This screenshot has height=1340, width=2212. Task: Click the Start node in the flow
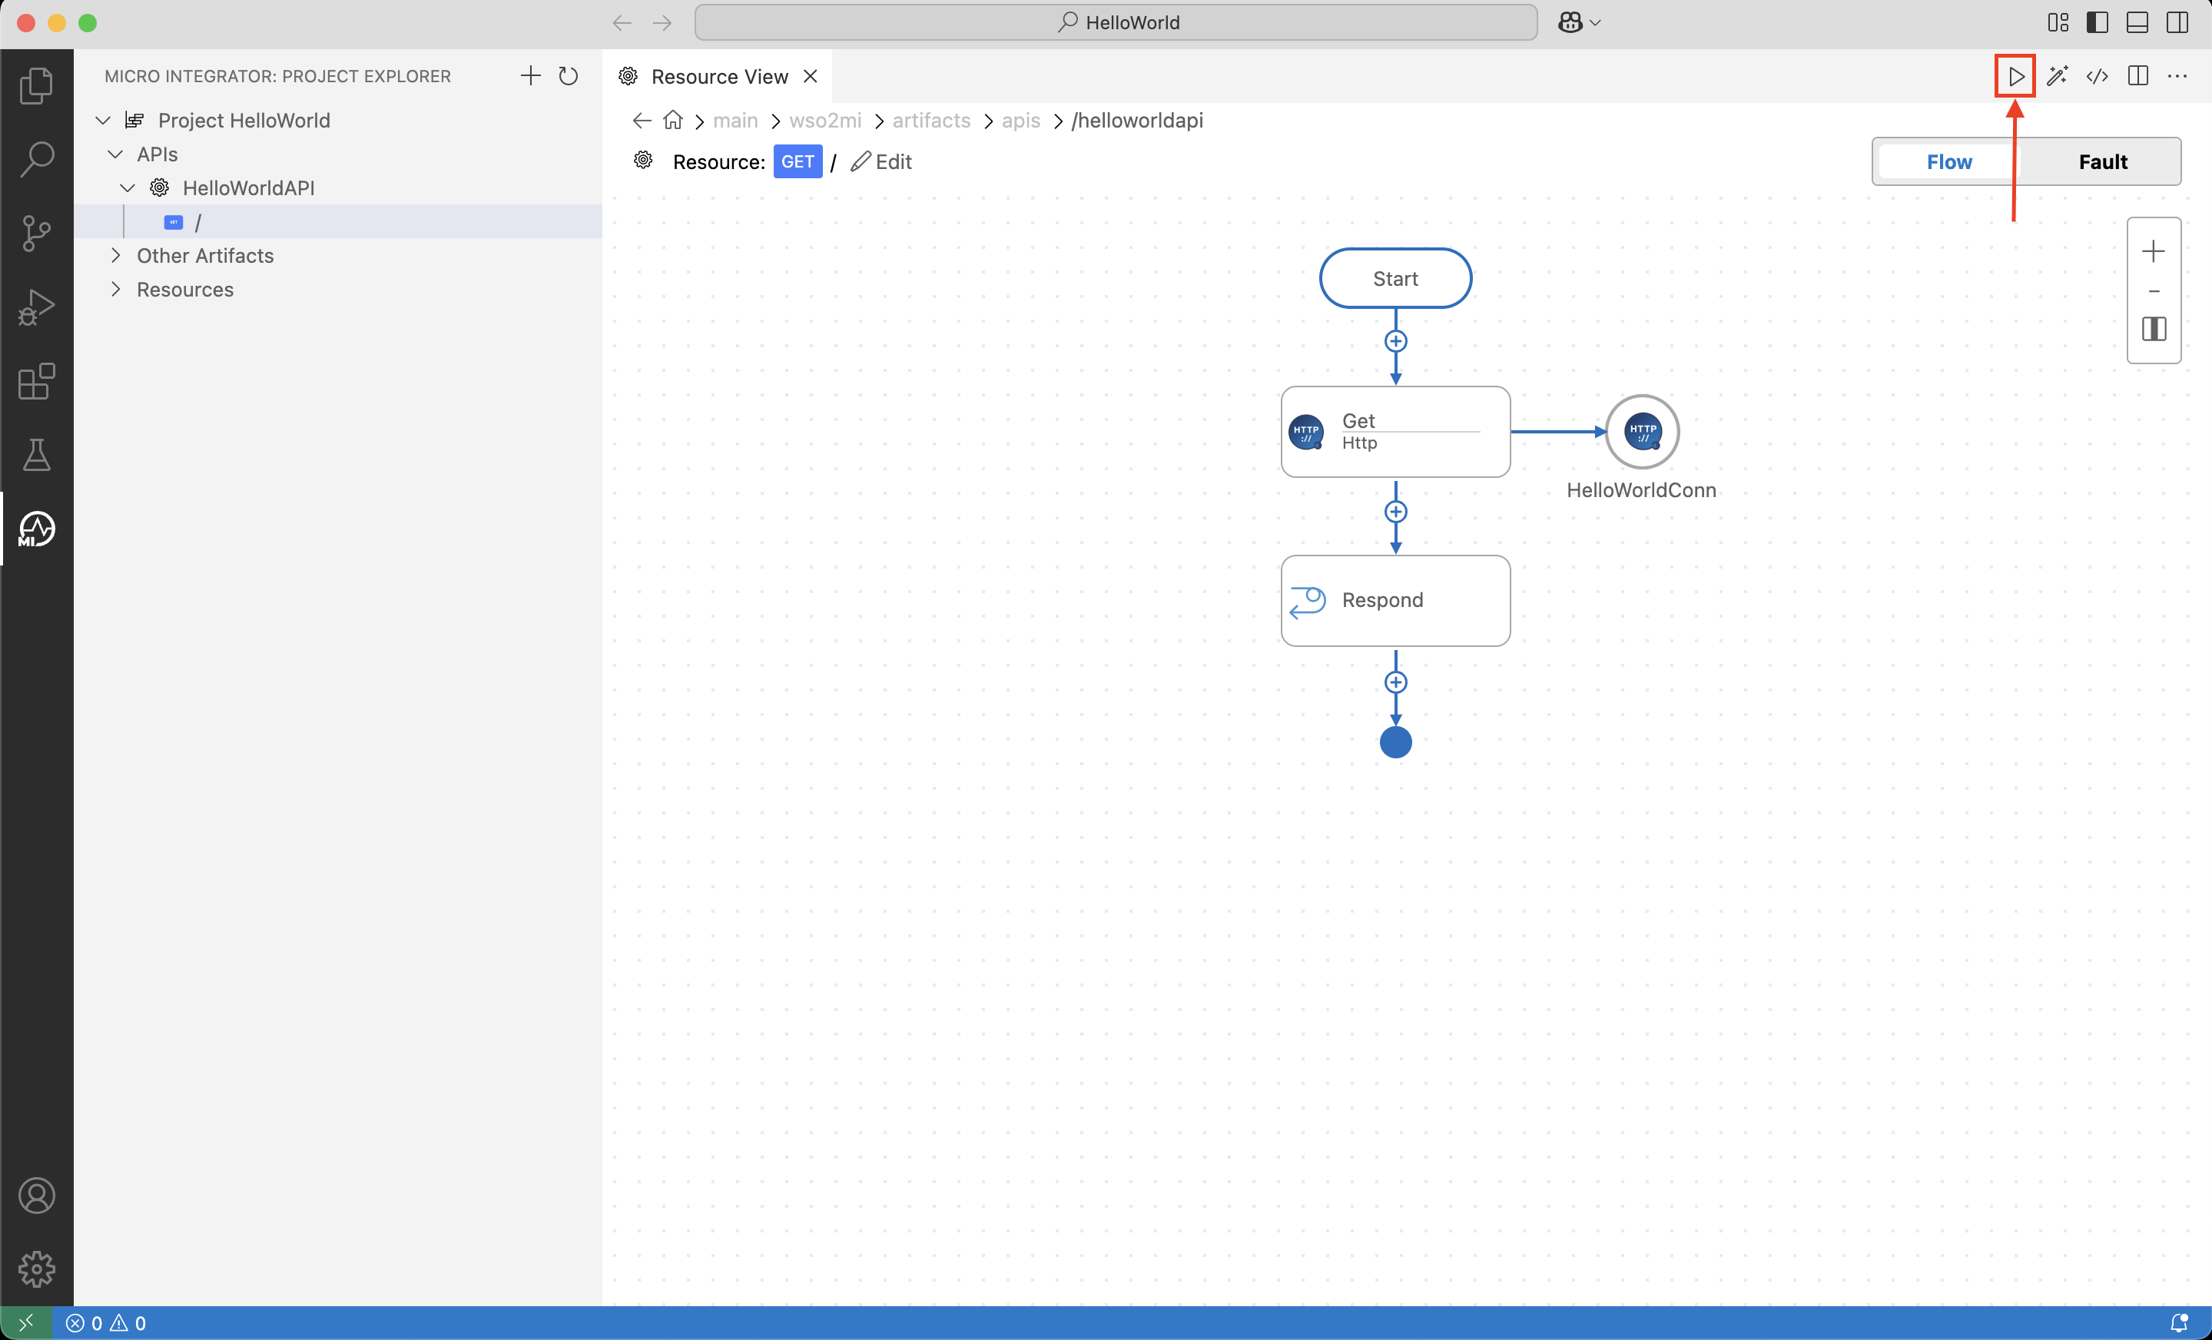click(x=1395, y=278)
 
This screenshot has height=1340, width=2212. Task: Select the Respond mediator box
click(x=1395, y=600)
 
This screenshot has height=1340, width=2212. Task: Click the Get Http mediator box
click(x=1395, y=432)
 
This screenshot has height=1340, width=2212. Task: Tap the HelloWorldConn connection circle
click(x=1642, y=432)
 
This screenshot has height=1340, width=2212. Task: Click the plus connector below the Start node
click(x=1395, y=341)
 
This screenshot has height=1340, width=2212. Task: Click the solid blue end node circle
click(x=1395, y=742)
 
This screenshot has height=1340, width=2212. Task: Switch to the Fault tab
click(x=2102, y=161)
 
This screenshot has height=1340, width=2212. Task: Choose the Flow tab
click(x=1949, y=161)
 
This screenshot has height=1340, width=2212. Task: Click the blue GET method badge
click(x=798, y=161)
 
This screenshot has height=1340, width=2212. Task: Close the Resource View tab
click(x=810, y=76)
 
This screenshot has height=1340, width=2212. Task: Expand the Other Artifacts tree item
click(x=204, y=256)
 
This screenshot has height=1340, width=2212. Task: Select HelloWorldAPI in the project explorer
click(x=247, y=187)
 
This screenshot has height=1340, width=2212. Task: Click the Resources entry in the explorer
click(x=185, y=289)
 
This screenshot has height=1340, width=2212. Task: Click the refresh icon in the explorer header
click(x=569, y=76)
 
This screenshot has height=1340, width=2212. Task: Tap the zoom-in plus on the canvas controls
click(x=2153, y=251)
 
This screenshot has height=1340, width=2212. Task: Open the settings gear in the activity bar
click(x=37, y=1269)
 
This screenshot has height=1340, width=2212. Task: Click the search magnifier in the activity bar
click(x=37, y=159)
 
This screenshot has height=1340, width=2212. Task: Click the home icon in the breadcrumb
click(x=672, y=121)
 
